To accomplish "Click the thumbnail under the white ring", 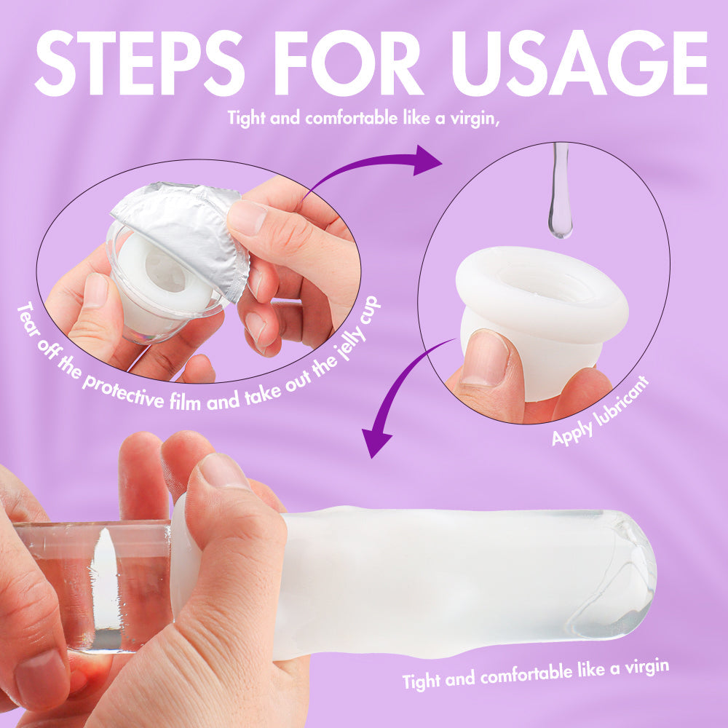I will [485, 358].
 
